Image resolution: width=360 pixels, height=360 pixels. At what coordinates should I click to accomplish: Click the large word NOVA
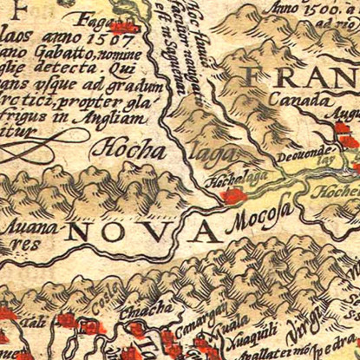pyautogui.click(x=142, y=231)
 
